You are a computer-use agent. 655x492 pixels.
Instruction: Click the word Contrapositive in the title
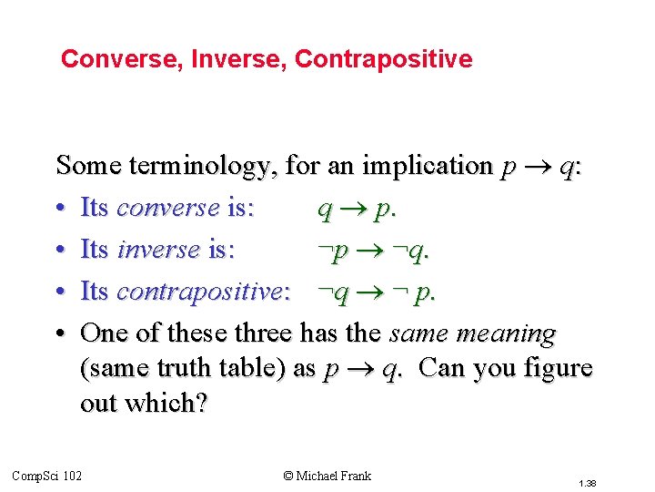pos(384,60)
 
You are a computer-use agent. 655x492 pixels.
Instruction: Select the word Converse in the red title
pos(114,60)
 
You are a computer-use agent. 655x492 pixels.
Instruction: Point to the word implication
pos(427,166)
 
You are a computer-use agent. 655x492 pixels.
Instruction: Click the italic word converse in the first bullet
pos(168,208)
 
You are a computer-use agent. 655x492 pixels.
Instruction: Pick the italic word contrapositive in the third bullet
pos(199,292)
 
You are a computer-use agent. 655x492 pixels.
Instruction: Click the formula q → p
pos(356,209)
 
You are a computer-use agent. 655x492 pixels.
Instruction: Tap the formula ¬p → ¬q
pos(373,251)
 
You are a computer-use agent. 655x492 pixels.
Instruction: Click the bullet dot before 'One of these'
pos(61,333)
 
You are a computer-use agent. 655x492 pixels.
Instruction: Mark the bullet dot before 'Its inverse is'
pos(61,250)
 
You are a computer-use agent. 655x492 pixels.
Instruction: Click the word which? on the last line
pos(172,403)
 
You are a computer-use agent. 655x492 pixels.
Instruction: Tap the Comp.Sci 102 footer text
pos(46,476)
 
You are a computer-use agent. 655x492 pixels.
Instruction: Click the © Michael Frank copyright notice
pos(327,476)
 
